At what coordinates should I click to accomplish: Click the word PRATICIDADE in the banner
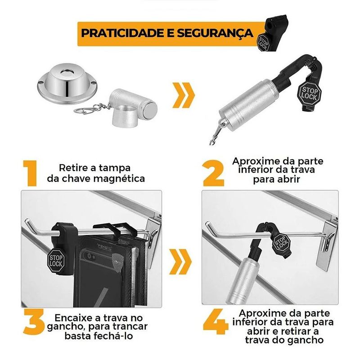pyautogui.click(x=121, y=33)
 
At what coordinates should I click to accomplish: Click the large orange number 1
pyautogui.click(x=30, y=173)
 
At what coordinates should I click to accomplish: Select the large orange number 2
pyautogui.click(x=214, y=173)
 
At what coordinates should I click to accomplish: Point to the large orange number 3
pyautogui.click(x=34, y=322)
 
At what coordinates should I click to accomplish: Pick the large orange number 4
pyautogui.click(x=216, y=322)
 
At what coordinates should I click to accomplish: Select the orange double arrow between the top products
pyautogui.click(x=184, y=95)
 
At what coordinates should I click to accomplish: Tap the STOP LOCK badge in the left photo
pyautogui.click(x=56, y=261)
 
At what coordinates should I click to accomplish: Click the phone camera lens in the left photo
pyautogui.click(x=89, y=255)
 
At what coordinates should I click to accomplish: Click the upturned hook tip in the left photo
pyautogui.click(x=27, y=221)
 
